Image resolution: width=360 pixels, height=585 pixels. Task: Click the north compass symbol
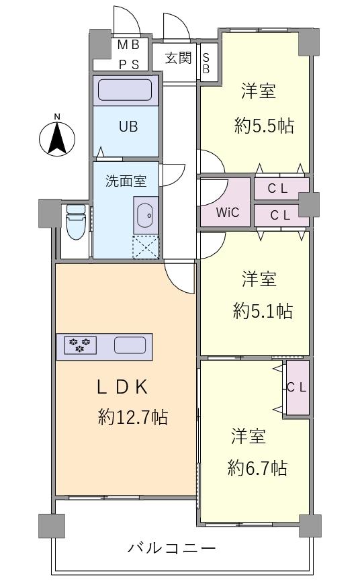pos(57,137)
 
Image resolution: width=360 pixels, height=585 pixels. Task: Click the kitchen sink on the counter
pos(130,345)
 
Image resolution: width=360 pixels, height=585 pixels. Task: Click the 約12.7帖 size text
pos(132,417)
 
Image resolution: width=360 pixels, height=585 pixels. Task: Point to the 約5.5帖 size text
pos(264,126)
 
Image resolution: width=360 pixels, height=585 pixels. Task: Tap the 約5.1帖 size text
pos(263,310)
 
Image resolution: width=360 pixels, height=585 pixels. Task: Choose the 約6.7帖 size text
pos(258,467)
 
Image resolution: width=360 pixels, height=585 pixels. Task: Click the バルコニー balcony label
pos(172,548)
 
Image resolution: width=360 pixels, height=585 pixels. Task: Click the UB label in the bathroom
pos(128,126)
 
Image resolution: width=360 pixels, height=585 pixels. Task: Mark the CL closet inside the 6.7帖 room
pos(296,388)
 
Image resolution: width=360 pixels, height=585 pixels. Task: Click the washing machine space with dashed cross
pos(146,246)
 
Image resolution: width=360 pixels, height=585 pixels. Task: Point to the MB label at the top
pos(129,45)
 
